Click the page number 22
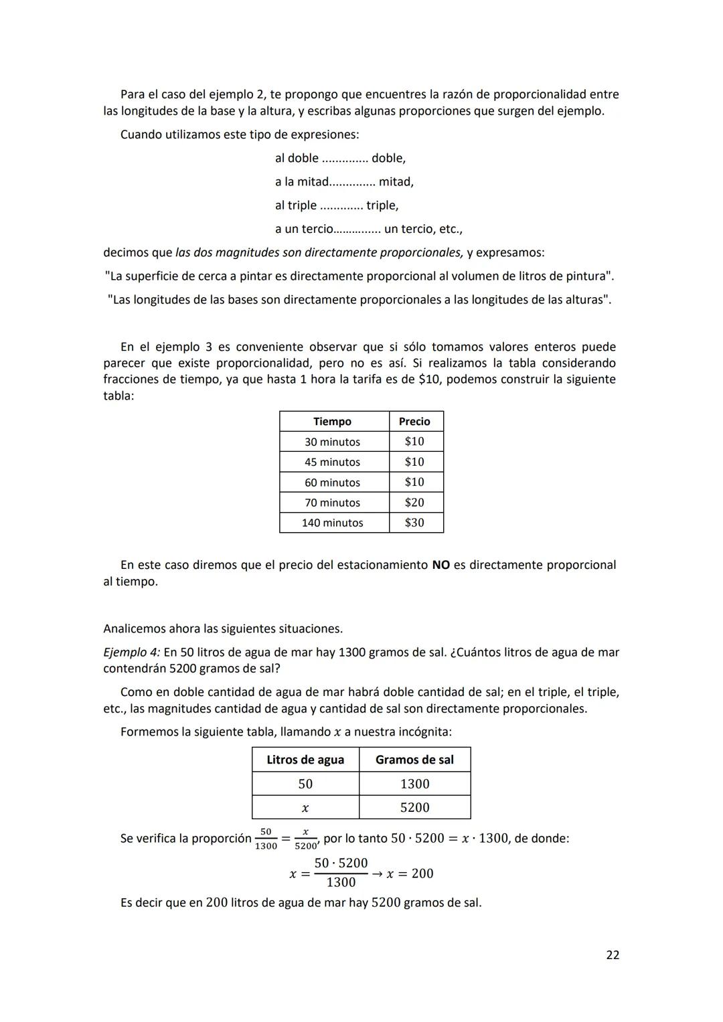pos(612,955)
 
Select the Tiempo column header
pos(332,422)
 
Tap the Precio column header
pos(414,422)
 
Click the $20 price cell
pos(414,503)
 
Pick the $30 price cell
pos(414,523)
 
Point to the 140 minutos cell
pos(332,523)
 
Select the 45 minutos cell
pos(332,462)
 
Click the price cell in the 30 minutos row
pos(414,442)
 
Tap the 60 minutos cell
pos(332,483)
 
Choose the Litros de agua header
pos(305,760)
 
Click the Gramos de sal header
pos(414,760)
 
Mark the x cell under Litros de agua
pos(305,808)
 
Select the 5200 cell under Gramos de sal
pos(414,808)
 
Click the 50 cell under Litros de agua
pos(305,784)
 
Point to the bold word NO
pos(440,565)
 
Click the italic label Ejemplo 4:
pos(131,652)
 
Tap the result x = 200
pos(410,873)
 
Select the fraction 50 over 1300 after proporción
pos(266,839)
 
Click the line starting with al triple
pos(336,205)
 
